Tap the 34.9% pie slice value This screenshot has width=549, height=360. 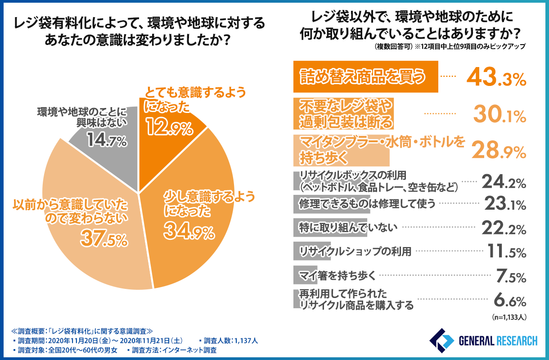tap(188, 232)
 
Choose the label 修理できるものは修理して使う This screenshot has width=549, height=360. tap(367, 204)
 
